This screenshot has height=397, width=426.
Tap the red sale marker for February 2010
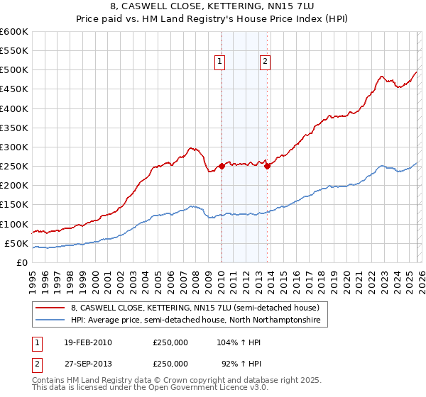pyautogui.click(x=221, y=166)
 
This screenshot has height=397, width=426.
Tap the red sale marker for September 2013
pyautogui.click(x=267, y=166)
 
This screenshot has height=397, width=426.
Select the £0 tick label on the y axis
pyautogui.click(x=21, y=263)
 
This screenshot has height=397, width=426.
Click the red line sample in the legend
pyautogui.click(x=50, y=308)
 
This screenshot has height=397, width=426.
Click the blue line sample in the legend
pyautogui.click(x=50, y=320)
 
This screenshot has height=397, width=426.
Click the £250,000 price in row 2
pyautogui.click(x=170, y=364)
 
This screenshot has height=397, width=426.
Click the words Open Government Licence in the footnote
pyautogui.click(x=177, y=389)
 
